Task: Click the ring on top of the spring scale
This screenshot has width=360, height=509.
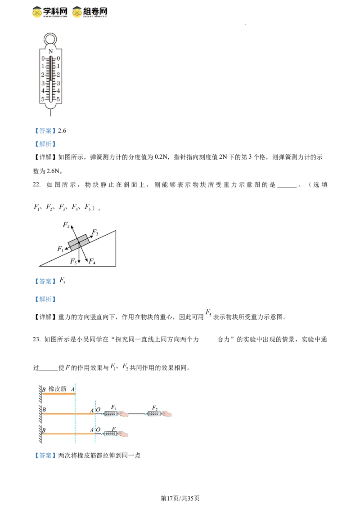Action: [x=50, y=37]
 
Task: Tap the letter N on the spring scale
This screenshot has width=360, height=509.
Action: [x=50, y=51]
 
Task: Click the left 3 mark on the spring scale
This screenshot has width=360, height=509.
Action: [x=43, y=83]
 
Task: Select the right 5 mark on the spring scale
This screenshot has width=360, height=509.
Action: [x=58, y=99]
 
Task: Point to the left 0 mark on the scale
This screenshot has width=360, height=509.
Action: [x=43, y=58]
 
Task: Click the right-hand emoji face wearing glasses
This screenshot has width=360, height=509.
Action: [x=77, y=12]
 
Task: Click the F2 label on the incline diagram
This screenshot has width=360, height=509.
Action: [x=66, y=225]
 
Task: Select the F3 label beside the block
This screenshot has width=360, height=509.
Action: [x=95, y=232]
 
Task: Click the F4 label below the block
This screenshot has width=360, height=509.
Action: [x=92, y=261]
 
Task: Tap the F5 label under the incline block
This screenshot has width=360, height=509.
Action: [x=73, y=261]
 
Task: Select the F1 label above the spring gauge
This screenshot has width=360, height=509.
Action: [x=114, y=407]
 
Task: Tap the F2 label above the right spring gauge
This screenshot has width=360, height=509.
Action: [x=154, y=407]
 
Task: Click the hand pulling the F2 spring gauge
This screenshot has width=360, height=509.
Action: [x=166, y=414]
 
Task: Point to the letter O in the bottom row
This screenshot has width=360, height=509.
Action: [x=98, y=430]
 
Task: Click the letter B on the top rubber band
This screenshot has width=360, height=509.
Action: [x=44, y=389]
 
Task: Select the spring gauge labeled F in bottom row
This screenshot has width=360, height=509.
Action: [x=110, y=434]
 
